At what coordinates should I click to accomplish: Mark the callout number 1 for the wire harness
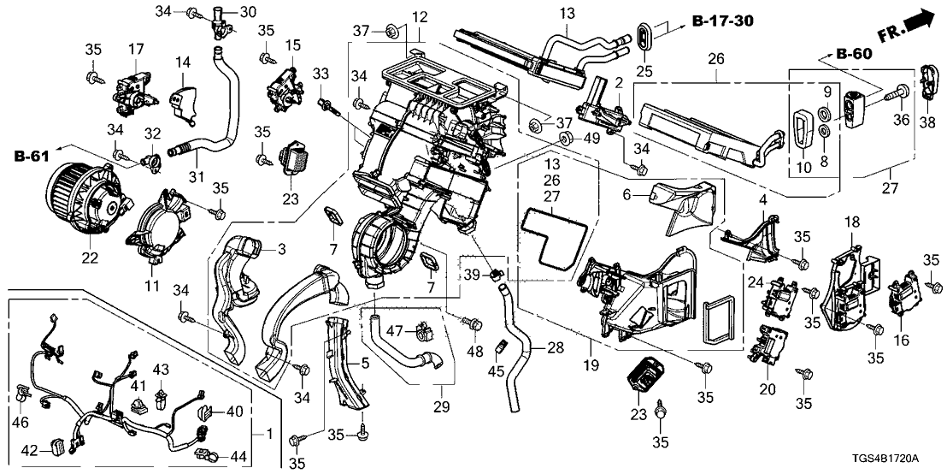click(271, 434)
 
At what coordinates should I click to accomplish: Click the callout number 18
click(852, 223)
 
